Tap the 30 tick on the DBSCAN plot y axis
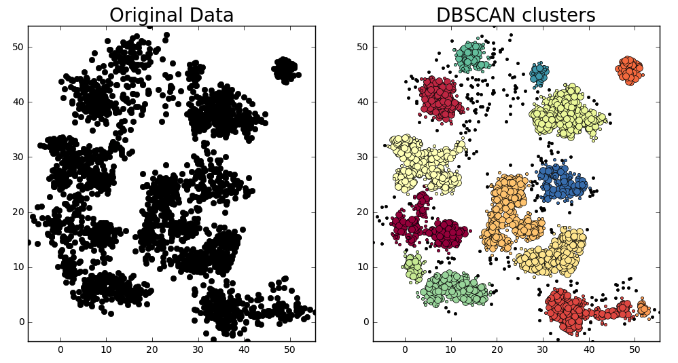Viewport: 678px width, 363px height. tap(361, 157)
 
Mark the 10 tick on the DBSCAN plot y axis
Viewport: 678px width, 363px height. tap(361, 267)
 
